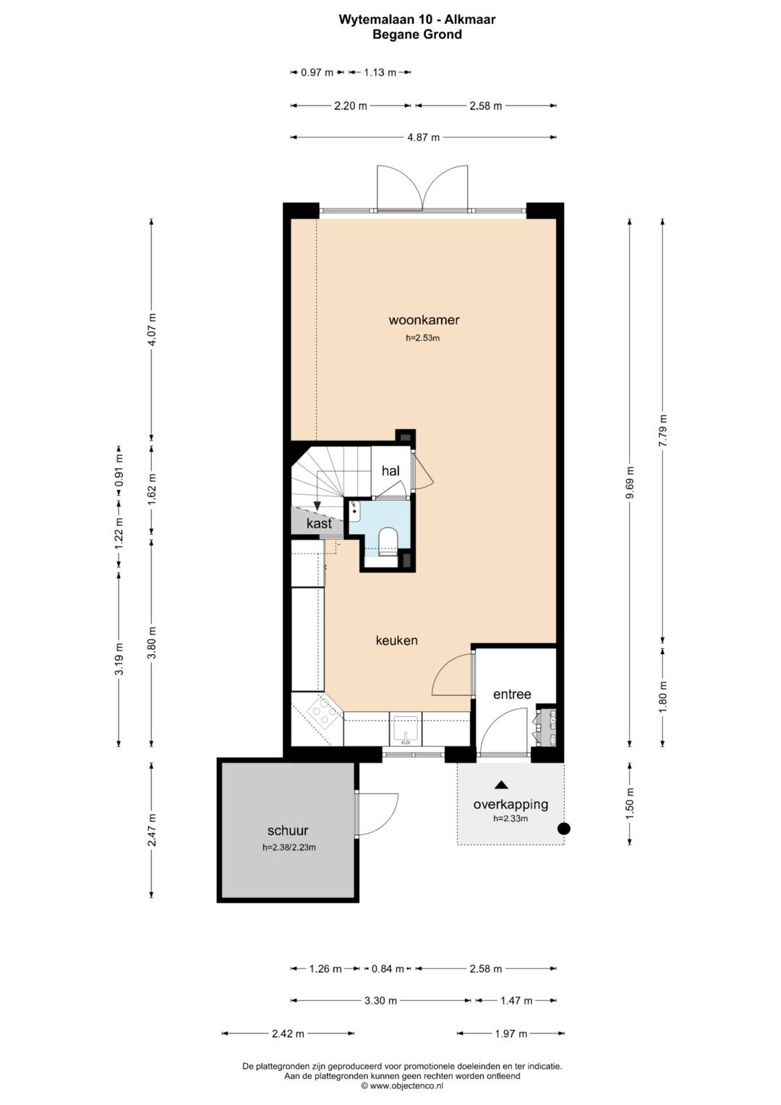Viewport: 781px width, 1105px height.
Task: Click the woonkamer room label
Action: pos(424,320)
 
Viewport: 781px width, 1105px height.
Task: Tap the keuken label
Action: pos(396,640)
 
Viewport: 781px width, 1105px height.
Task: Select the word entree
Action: pos(512,694)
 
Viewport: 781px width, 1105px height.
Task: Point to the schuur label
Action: pos(288,830)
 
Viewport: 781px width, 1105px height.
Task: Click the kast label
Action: pos(319,523)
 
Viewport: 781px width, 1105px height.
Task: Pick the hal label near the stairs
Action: pos(390,470)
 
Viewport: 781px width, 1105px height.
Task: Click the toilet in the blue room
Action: pos(388,541)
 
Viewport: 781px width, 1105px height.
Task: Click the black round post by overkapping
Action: pos(563,829)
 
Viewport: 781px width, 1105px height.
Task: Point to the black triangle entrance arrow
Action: pos(501,784)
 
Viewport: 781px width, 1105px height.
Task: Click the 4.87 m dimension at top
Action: pos(423,137)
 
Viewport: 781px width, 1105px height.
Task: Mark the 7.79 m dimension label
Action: pos(663,430)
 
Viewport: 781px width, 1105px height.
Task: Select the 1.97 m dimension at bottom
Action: pos(511,1033)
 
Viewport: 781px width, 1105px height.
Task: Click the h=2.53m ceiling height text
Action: pos(422,338)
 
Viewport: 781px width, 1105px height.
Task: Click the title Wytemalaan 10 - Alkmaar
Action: pos(417,20)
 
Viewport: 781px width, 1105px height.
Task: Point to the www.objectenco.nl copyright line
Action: pos(402,1085)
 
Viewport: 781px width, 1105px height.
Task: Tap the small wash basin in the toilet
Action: pos(355,511)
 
